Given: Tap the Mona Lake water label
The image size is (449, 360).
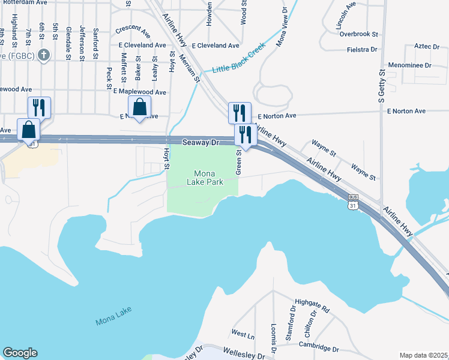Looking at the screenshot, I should point(113,316).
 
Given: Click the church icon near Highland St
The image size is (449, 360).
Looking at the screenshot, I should point(43,56).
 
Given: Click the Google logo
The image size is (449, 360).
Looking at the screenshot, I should point(20,353).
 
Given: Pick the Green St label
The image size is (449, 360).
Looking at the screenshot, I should point(238,162).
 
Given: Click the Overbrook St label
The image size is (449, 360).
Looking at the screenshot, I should point(358,35).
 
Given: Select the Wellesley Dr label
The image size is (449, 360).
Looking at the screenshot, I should point(244,353).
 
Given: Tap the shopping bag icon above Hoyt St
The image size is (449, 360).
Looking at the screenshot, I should point(139,107).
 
